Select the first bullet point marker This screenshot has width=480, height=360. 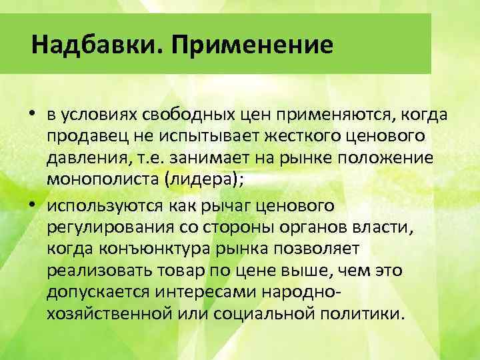(32, 113)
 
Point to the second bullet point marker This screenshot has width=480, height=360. (32, 203)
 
